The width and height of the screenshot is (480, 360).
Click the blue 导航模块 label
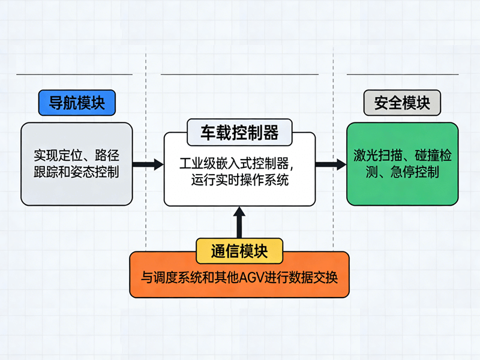click(x=76, y=103)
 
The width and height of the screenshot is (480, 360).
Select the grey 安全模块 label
click(x=402, y=103)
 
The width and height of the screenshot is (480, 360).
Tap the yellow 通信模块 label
click(x=239, y=250)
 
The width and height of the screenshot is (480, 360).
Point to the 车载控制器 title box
click(x=239, y=132)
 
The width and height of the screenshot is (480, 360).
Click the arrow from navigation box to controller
click(x=148, y=164)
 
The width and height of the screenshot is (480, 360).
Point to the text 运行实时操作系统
click(x=239, y=179)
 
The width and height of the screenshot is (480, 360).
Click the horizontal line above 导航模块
click(x=74, y=74)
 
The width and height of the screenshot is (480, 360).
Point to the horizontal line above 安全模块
click(x=402, y=74)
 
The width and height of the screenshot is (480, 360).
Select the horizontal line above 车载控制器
click(x=239, y=74)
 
